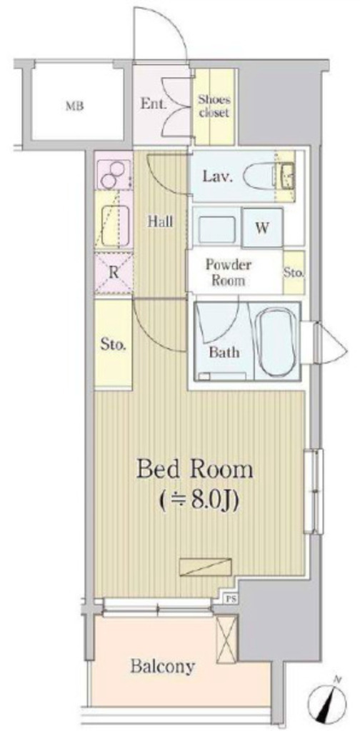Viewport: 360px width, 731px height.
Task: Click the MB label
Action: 74,106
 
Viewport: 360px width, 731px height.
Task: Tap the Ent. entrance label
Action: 154,104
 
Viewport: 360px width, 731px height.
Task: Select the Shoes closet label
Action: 214,106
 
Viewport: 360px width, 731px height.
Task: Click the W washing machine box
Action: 262,228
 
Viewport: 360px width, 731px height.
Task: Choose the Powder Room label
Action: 229,273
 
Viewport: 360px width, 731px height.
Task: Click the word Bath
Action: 224,352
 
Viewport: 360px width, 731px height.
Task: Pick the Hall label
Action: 161,222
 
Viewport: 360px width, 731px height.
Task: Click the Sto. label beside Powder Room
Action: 294,272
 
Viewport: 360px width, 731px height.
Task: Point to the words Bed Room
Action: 194,470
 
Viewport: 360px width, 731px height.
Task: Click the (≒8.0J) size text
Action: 199,500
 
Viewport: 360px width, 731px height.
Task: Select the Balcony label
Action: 162,667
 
